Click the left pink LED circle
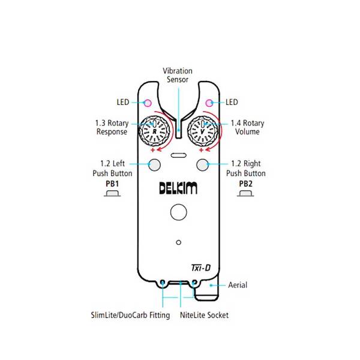pos(147,102)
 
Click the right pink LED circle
pos(210,102)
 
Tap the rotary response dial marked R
pos(154,130)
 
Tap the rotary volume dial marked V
pos(203,130)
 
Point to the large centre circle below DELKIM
pos(178,211)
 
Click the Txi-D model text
pos(200,268)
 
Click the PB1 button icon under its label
pos(113,194)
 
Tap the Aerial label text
pos(237,285)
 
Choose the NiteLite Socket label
pos(204,315)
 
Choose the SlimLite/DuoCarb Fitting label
pos(130,315)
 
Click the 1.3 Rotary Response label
pos(112,127)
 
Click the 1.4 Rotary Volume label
pos(247,127)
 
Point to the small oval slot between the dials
pos(178,155)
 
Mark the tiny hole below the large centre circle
pos(178,242)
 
